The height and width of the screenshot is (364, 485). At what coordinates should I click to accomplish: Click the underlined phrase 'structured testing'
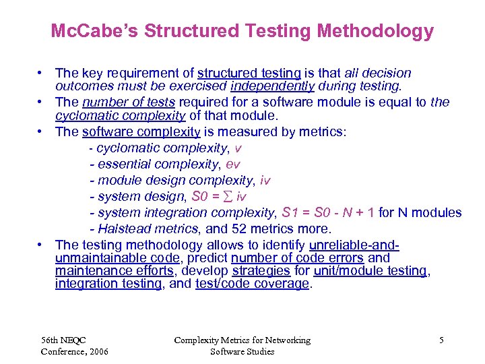click(249, 73)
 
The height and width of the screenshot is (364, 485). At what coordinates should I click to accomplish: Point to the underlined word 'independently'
click(272, 86)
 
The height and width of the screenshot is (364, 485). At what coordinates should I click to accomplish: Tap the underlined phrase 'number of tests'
click(129, 102)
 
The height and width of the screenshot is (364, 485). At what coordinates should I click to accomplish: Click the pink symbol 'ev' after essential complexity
click(233, 164)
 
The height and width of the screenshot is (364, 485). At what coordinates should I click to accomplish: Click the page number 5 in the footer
click(441, 340)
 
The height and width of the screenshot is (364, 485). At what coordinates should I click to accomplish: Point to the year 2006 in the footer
click(96, 351)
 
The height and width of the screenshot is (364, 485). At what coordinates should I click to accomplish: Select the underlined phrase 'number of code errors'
click(297, 257)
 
